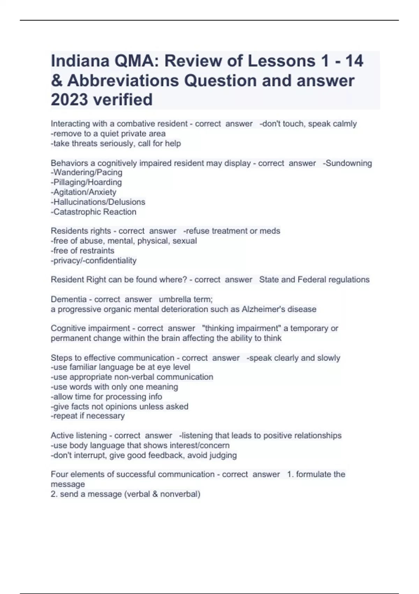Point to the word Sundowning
(349, 163)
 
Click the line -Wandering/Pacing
(87, 173)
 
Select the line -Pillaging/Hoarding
(86, 182)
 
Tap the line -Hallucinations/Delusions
(98, 202)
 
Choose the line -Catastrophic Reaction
(94, 212)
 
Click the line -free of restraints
(82, 251)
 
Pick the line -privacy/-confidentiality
(94, 260)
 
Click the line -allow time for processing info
(106, 397)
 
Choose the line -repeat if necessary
(88, 416)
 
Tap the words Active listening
(79, 436)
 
